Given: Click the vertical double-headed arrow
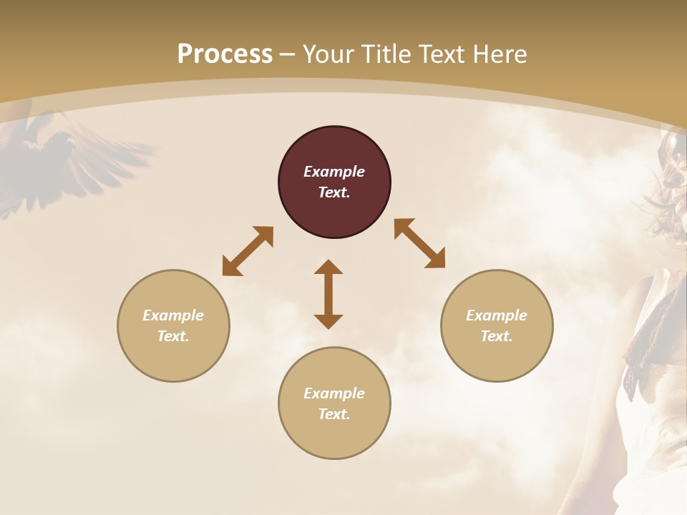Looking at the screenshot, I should click(x=328, y=295).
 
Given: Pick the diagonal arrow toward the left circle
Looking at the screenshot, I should click(x=248, y=251).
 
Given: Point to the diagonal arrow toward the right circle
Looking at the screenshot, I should click(x=420, y=243).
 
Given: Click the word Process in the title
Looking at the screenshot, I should click(x=225, y=54).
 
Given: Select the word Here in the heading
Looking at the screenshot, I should click(x=500, y=54).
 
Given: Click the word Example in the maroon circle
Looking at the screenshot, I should click(x=334, y=172).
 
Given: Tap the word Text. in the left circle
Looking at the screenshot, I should click(x=173, y=336).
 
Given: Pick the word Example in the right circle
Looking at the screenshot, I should click(x=497, y=315).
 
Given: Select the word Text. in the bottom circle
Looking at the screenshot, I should click(x=334, y=414).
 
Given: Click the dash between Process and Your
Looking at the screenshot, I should click(x=288, y=55).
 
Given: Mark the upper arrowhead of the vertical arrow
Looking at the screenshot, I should click(x=328, y=268).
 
